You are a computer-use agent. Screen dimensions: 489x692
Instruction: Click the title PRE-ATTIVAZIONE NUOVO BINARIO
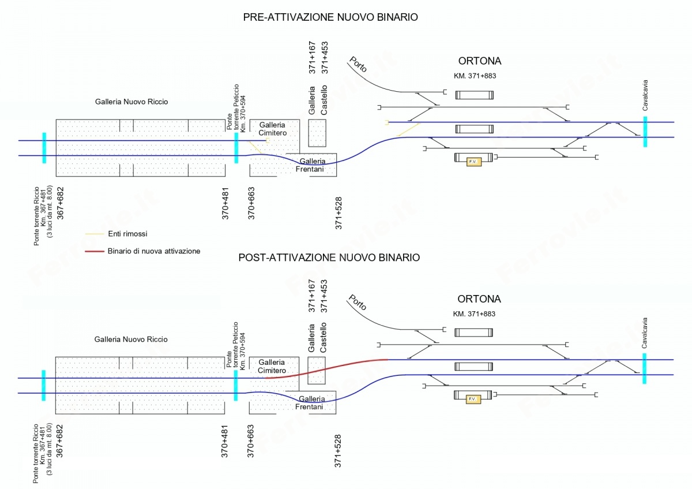330,17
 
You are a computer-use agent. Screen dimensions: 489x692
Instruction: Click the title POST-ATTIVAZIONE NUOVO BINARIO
329,257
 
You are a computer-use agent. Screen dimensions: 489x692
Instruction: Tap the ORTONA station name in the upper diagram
480,61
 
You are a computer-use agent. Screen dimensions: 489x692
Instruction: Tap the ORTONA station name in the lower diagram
479,299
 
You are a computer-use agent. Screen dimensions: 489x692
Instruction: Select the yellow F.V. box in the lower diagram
473,399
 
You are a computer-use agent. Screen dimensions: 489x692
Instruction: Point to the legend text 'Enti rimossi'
127,234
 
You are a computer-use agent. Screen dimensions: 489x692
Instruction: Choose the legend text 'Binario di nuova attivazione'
154,251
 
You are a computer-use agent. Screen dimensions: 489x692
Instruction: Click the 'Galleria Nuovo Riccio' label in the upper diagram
131,102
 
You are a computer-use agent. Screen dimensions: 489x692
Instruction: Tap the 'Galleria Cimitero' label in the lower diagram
272,365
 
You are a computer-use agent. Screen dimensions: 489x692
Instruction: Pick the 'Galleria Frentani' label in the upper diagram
312,165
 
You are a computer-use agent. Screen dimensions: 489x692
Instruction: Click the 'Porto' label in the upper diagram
358,65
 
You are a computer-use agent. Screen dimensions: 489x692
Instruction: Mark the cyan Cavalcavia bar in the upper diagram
645,132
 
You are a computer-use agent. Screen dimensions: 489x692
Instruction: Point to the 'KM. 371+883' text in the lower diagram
475,314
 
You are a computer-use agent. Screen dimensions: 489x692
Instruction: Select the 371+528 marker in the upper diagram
339,213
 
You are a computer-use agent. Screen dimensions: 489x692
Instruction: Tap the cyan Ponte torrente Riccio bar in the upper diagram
44,148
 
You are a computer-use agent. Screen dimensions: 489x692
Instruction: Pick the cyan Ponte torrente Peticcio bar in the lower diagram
236,385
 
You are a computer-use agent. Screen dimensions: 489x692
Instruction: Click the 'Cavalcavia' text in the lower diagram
645,333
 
